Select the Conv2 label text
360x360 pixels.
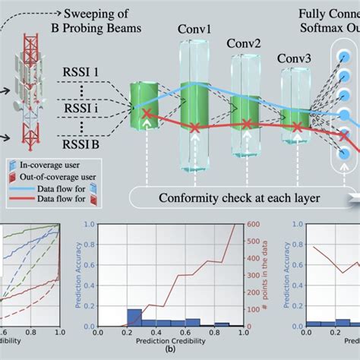245,43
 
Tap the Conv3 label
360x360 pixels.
294,58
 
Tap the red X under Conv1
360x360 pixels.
196,128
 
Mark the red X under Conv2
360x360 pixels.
245,123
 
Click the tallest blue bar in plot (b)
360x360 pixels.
134,317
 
